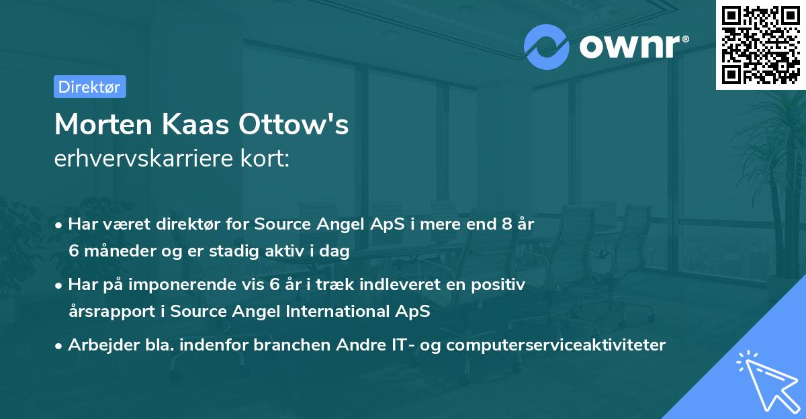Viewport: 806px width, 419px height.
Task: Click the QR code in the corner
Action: coord(760,45)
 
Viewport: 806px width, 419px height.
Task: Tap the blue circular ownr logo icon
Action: coord(547,46)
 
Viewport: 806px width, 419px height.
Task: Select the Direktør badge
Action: coord(89,87)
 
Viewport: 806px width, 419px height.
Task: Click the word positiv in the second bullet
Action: coord(501,285)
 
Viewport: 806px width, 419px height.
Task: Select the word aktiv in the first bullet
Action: coord(290,251)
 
